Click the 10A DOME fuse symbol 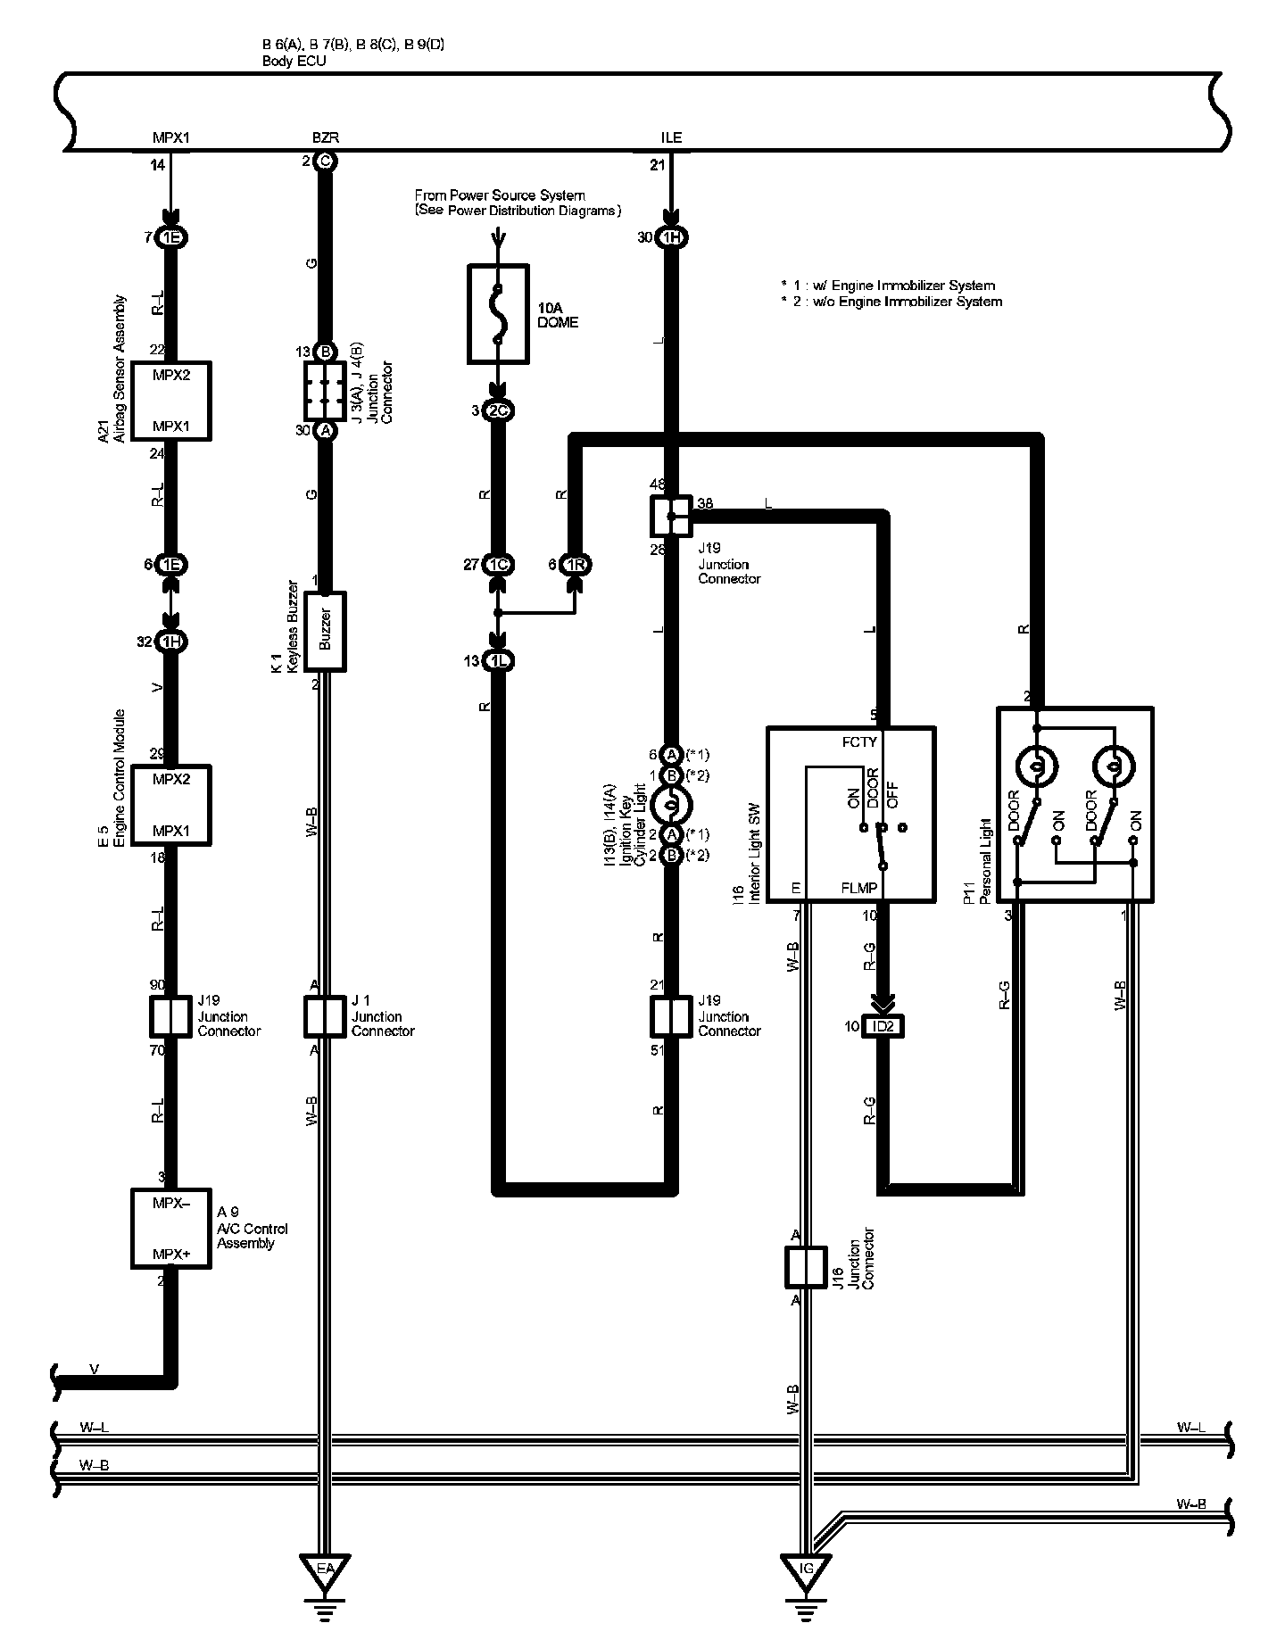(x=498, y=313)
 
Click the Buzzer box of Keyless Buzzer (x=325, y=631)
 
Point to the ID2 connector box (x=883, y=1026)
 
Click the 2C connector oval (x=498, y=410)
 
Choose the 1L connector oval (x=498, y=661)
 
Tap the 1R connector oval (x=576, y=564)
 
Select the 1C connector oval (x=498, y=564)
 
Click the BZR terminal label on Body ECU (x=325, y=137)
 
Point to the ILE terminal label (x=671, y=137)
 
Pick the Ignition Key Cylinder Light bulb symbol (x=672, y=805)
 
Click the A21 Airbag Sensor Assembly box (x=170, y=401)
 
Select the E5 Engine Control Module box (x=170, y=804)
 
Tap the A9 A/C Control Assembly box (x=170, y=1228)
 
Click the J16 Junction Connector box (x=806, y=1266)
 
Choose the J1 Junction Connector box (x=325, y=1016)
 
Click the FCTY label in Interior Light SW (x=859, y=741)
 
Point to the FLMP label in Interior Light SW (x=859, y=888)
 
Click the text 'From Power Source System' (x=500, y=195)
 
